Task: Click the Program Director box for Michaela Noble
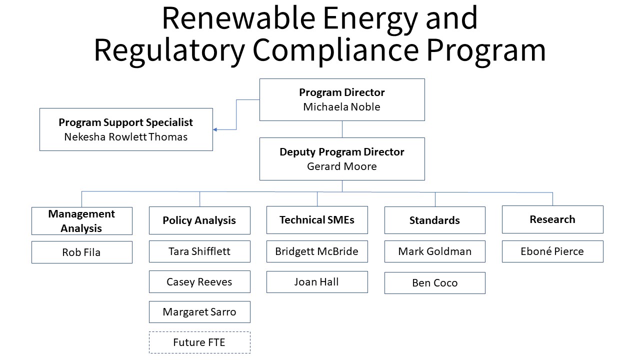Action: tap(342, 99)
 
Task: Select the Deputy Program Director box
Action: tap(342, 159)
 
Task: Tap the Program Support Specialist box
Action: tap(126, 129)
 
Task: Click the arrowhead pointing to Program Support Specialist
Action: tap(215, 129)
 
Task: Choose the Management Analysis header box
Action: tap(81, 221)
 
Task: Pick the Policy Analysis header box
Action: tap(199, 220)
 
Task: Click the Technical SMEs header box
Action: tap(317, 220)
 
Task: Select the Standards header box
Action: tap(434, 220)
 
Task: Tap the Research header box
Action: tap(552, 219)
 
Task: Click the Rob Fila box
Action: tap(81, 252)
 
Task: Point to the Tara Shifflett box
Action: tap(199, 251)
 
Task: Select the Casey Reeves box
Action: tap(199, 282)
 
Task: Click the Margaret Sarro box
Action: tap(199, 312)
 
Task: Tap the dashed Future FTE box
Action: tap(199, 342)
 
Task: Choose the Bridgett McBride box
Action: tap(317, 251)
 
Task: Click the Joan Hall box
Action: tap(317, 282)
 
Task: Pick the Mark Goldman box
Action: tap(434, 251)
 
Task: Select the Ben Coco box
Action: tap(434, 283)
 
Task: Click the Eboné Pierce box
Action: tap(552, 251)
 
